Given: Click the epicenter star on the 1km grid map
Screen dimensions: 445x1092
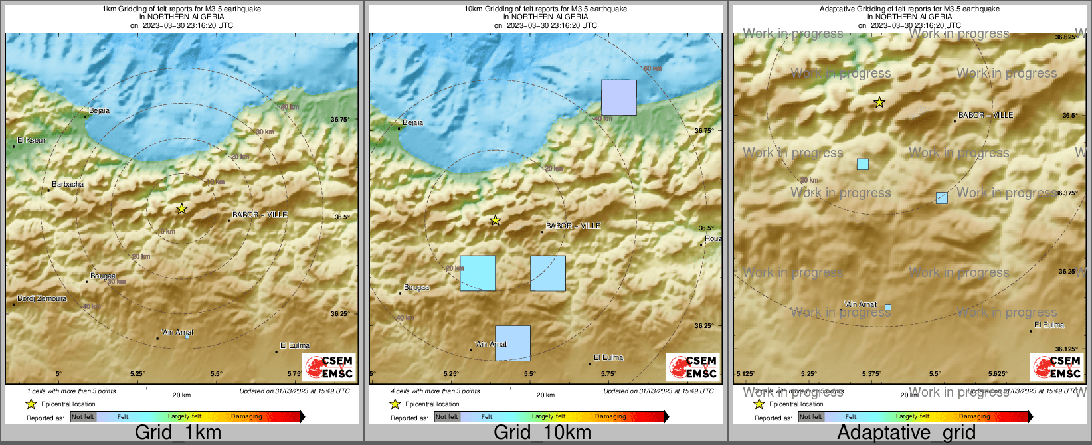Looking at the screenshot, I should [x=181, y=209].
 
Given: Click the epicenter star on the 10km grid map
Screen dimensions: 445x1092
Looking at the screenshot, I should [x=495, y=220].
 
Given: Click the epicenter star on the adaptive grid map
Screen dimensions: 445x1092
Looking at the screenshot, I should [x=879, y=102].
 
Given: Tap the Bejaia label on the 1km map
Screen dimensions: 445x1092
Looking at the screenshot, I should [x=99, y=111].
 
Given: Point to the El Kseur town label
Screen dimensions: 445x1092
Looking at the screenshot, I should [x=32, y=141].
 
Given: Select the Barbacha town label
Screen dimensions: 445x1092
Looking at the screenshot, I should [x=68, y=184].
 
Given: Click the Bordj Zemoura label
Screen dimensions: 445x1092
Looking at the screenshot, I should [x=42, y=299].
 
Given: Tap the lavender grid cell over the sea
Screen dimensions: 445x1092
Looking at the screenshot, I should [x=619, y=97].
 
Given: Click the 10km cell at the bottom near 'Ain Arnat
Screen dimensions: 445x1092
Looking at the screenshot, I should [x=513, y=343].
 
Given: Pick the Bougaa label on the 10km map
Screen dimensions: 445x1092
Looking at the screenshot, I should [x=416, y=288].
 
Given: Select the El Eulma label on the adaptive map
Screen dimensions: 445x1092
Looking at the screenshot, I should [x=1049, y=325].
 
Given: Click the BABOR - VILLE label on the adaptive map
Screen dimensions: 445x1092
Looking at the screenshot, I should [x=986, y=115].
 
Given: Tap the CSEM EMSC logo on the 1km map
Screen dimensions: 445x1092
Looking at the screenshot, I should [x=329, y=367].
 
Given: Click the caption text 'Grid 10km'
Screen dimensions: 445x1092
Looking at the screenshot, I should [x=542, y=432].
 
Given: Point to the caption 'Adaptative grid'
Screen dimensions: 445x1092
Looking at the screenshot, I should [x=906, y=432].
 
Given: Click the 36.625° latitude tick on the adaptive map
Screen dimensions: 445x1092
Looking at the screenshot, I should [x=1066, y=37].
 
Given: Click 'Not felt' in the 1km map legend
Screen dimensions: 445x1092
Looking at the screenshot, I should [x=83, y=417].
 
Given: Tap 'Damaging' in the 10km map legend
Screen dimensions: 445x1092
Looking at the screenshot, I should [x=610, y=417].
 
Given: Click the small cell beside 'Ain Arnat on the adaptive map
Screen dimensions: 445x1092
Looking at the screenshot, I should [x=888, y=307].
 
